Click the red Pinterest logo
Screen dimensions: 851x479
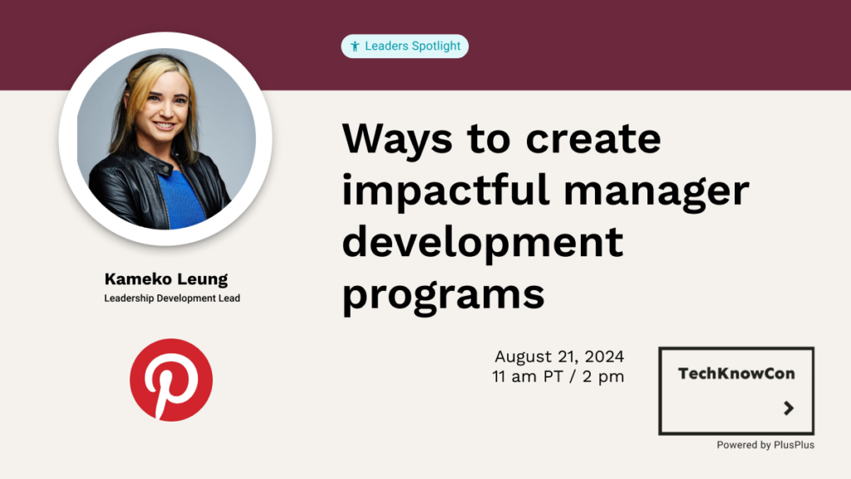(171, 380)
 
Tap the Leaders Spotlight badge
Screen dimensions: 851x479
(405, 47)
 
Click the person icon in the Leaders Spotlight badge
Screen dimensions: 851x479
(355, 47)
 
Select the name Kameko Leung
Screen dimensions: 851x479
(166, 279)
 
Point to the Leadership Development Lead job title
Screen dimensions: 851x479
(172, 299)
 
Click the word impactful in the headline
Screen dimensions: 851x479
(446, 191)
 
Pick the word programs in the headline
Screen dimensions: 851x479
(444, 294)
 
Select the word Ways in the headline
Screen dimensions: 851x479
(397, 140)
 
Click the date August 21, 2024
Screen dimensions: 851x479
(559, 357)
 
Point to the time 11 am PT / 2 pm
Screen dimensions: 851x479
(558, 377)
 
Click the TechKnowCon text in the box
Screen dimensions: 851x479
(736, 373)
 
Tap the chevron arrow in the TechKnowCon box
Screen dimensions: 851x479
(790, 407)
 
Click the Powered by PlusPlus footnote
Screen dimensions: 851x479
(765, 445)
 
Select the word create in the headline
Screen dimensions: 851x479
(593, 139)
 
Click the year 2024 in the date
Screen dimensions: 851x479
(605, 357)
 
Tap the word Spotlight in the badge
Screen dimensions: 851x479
(435, 47)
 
